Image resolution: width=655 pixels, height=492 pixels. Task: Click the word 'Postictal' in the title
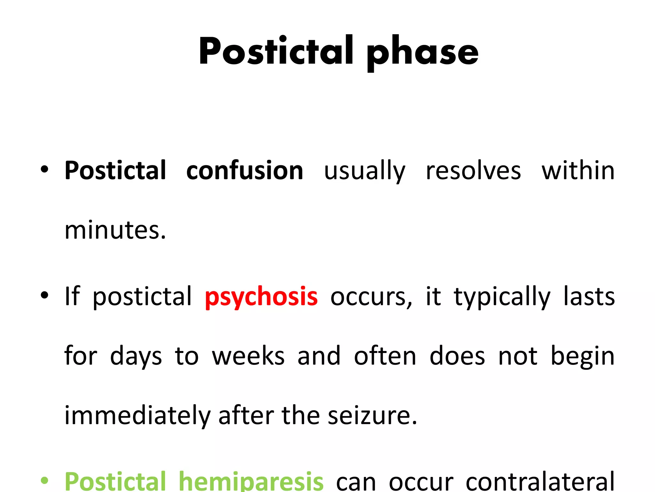[x=276, y=51]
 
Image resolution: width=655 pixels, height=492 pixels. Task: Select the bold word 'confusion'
[x=245, y=170]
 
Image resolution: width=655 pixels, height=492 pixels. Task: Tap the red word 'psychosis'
[x=261, y=297]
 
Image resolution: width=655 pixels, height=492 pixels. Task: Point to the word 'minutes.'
[x=115, y=230]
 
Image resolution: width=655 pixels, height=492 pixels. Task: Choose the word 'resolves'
[x=473, y=170]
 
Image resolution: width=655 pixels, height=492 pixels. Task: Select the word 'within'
[x=578, y=170]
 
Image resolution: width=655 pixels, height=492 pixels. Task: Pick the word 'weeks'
[x=248, y=356]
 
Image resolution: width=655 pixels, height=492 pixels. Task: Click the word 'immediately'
[x=138, y=416]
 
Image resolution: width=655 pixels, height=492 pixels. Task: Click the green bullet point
[x=44, y=480]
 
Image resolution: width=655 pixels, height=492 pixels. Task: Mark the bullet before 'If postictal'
[x=44, y=295]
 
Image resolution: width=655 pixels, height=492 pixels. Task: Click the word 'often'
[x=385, y=356]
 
